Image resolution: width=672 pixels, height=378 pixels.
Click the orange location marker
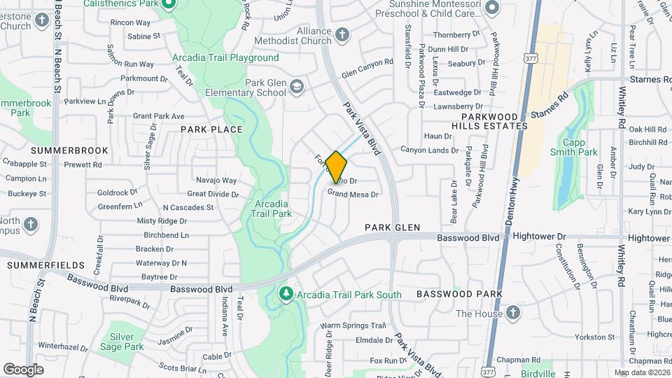click(337, 166)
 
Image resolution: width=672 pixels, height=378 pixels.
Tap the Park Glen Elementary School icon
click(296, 87)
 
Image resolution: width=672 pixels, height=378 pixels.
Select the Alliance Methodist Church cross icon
click(342, 35)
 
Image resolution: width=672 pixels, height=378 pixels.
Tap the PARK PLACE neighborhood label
click(211, 129)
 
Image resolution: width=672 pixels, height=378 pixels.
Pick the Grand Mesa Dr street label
click(353, 195)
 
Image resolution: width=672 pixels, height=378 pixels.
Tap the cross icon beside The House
click(512, 312)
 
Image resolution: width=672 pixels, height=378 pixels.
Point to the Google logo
click(23, 369)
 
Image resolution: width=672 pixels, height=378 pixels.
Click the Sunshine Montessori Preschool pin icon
click(491, 8)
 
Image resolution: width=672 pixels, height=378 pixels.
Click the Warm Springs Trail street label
click(353, 325)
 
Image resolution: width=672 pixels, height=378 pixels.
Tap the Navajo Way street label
click(216, 181)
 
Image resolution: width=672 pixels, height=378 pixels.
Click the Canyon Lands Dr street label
click(429, 150)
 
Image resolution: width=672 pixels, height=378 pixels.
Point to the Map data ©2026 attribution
click(642, 372)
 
